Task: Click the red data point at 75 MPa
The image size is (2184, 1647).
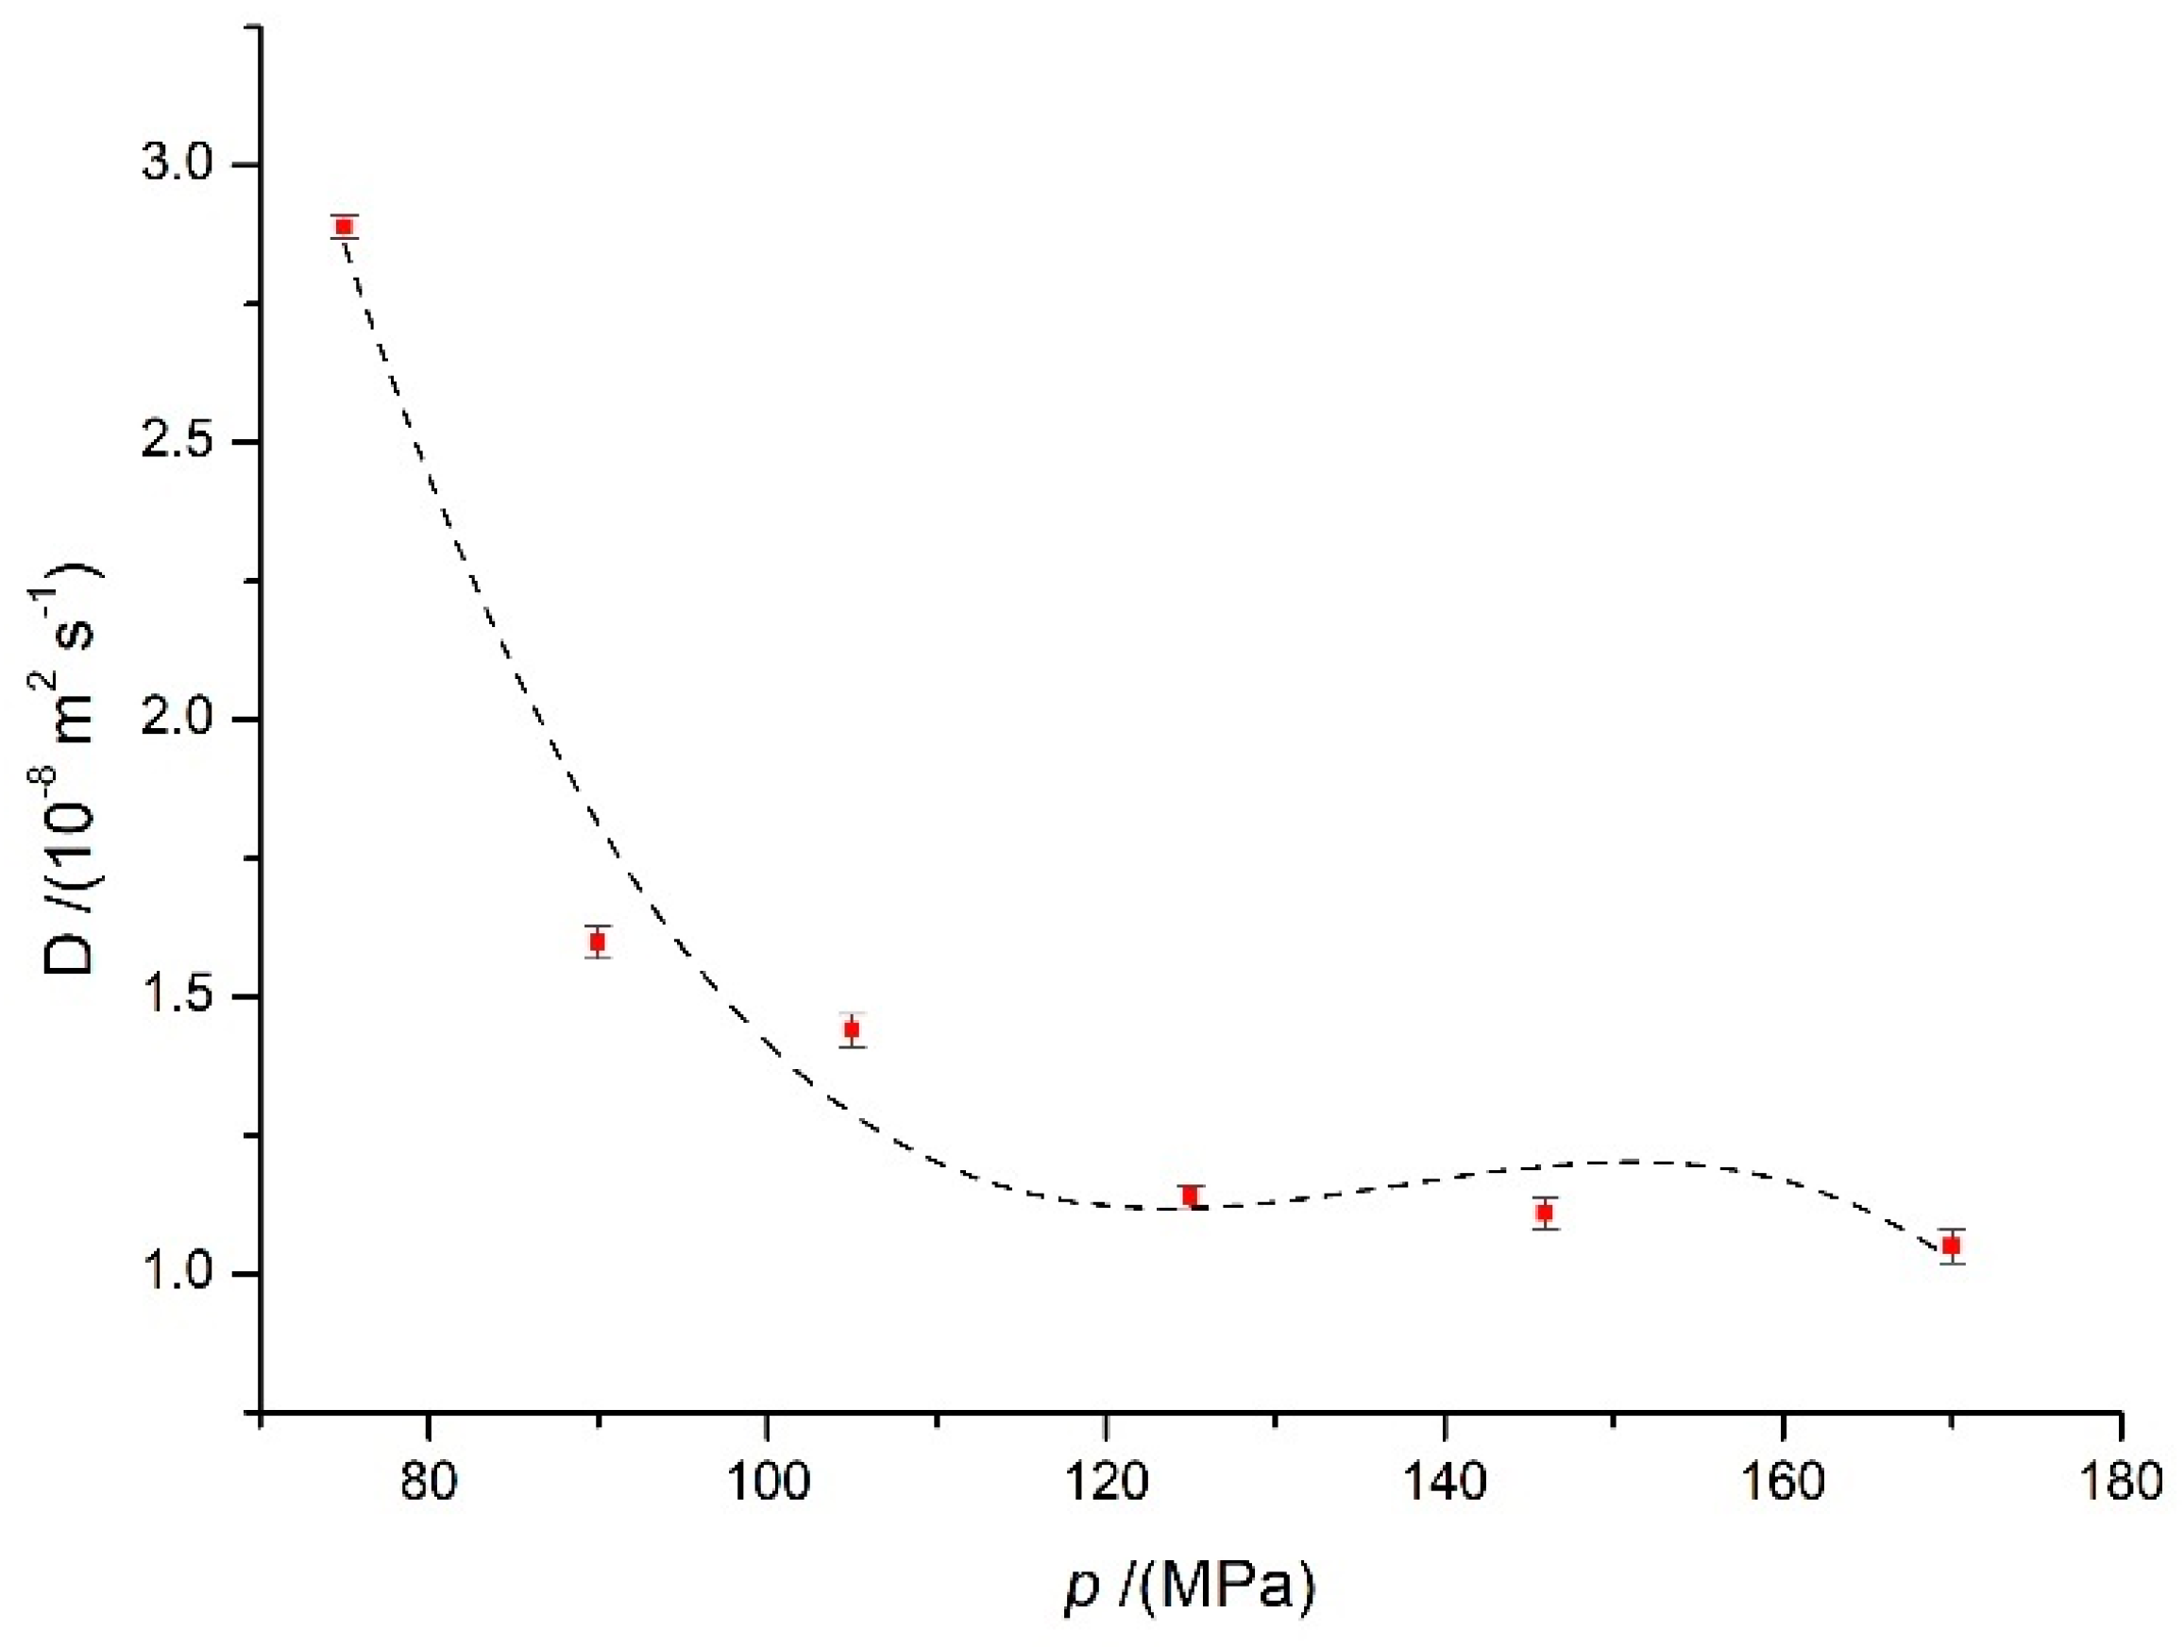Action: pos(344,226)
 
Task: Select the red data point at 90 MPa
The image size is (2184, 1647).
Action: pos(598,941)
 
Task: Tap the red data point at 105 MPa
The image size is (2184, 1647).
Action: pos(852,1028)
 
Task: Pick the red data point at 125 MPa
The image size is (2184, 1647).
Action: pos(1190,1196)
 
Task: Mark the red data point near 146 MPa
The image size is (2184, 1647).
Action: pos(1545,1213)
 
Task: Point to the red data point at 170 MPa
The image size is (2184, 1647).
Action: pos(1951,1247)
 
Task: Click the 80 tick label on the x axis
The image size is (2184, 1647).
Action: pos(429,1483)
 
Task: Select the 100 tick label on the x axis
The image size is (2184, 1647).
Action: pos(767,1483)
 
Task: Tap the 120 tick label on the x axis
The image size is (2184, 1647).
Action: pos(1106,1483)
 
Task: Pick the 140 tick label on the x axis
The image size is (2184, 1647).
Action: pos(1445,1483)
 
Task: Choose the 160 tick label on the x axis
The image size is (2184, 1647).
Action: pos(1783,1483)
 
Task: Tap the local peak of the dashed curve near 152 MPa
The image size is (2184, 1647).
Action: pos(1647,1163)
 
